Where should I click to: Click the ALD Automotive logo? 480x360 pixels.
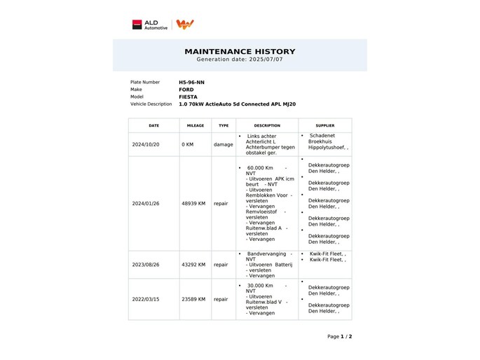[150, 25]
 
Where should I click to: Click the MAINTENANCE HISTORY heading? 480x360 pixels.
[240, 51]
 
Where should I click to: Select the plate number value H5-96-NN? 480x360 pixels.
[191, 82]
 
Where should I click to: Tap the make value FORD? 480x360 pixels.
[186, 90]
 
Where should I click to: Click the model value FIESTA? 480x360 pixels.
[188, 97]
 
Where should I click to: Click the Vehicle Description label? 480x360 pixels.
[151, 104]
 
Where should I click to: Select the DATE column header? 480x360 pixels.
[153, 125]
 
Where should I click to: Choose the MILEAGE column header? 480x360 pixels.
[196, 125]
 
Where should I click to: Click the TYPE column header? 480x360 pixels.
[224, 125]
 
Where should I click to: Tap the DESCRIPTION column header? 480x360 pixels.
[267, 125]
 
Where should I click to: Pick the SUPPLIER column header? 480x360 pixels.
[325, 125]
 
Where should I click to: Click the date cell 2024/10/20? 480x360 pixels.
[146, 144]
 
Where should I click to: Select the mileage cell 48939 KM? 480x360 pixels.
[193, 204]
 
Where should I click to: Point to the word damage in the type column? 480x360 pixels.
[224, 144]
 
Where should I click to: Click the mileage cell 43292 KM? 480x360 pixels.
[193, 265]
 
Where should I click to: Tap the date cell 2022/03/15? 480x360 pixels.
[146, 299]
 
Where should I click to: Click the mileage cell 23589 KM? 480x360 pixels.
[193, 299]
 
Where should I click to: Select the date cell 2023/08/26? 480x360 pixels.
[146, 265]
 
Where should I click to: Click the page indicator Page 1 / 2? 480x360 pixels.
[339, 337]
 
